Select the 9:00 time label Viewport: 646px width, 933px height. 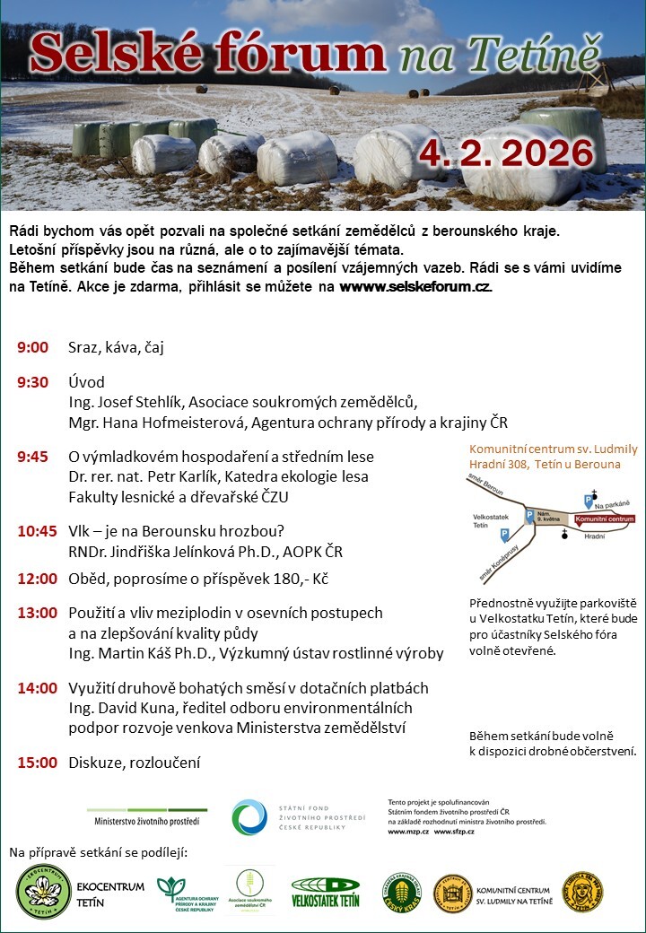pos(32,347)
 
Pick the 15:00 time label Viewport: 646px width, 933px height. pos(37,763)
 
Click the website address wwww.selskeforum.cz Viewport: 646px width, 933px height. pos(415,287)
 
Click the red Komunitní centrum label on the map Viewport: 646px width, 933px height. pos(604,519)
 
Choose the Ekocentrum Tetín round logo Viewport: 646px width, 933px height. pos(44,891)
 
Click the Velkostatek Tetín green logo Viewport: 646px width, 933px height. pos(325,892)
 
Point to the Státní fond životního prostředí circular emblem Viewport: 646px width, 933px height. pos(249,817)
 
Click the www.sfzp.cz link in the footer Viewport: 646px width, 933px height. pos(455,833)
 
